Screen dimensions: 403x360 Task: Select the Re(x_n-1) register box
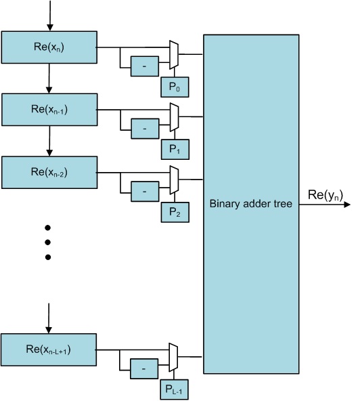tap(49, 108)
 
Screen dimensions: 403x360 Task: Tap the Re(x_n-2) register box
tap(49, 172)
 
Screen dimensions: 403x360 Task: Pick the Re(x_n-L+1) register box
tap(49, 349)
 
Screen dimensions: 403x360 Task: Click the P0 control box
tap(174, 87)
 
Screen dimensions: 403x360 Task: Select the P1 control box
tap(174, 149)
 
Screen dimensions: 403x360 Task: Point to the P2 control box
tap(174, 212)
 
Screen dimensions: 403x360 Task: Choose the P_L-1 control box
tap(174, 389)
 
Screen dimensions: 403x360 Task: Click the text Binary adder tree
tap(250, 203)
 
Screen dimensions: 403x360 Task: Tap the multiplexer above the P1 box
tap(174, 117)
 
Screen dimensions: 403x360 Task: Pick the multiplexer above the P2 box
tap(174, 180)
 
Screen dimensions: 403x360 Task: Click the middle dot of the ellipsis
tap(48, 242)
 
